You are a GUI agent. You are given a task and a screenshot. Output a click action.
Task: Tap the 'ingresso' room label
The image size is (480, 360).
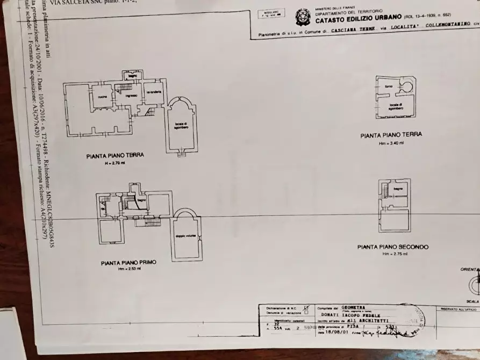point(132,96)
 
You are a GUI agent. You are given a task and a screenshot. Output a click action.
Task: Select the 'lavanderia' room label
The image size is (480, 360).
point(153,92)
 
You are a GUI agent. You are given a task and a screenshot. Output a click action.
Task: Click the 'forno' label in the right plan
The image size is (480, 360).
point(389,87)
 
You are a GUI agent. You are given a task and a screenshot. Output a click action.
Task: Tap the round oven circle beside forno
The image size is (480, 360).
point(407,85)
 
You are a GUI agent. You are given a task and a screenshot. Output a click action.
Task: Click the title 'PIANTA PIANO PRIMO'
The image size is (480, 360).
point(128,263)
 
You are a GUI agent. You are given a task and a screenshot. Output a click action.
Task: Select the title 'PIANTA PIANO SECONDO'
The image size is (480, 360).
point(393,247)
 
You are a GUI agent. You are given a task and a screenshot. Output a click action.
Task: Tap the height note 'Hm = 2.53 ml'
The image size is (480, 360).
point(129,270)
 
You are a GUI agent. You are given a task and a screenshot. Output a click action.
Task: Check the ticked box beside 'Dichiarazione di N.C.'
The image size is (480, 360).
point(306,307)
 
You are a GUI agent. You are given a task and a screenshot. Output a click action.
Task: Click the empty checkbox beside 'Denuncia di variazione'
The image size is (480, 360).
point(306,312)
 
